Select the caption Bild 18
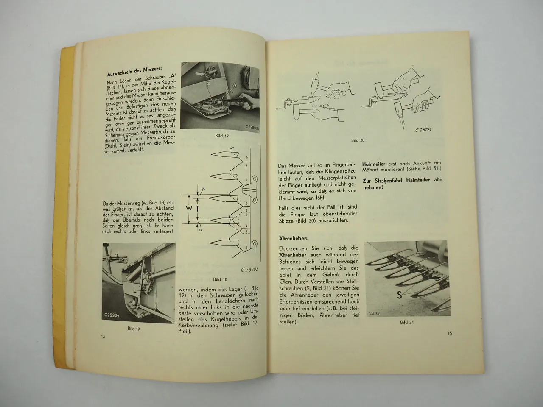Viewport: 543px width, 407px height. point(220,279)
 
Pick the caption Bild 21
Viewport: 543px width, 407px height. point(407,322)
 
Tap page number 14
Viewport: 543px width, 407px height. point(103,337)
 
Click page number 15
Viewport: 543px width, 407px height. point(450,333)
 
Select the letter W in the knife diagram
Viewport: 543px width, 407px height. point(190,209)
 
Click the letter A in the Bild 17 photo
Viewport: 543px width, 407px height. point(234,96)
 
